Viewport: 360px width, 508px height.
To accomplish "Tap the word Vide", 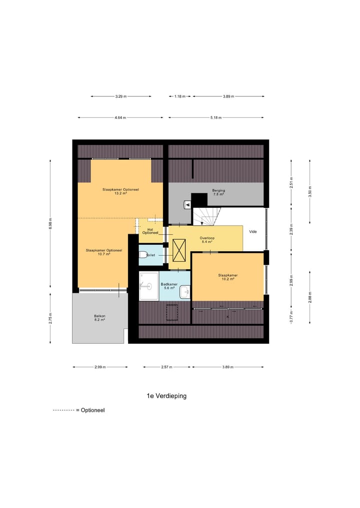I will click(253, 231).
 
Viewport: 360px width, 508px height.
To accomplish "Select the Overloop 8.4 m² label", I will click(206, 240).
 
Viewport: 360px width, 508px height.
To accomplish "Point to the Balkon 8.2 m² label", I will click(99, 318).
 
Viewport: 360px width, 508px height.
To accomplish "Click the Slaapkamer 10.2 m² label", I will click(227, 277).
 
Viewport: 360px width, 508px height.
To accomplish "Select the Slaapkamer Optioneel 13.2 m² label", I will click(120, 191).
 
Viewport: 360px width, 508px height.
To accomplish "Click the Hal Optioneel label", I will click(150, 231).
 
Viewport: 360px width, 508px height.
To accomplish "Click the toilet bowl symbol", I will click(142, 254).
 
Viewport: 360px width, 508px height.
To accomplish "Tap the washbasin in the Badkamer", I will click(184, 290).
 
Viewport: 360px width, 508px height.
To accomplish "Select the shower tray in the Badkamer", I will click(148, 286).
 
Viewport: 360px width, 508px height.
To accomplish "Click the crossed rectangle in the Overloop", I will click(178, 249).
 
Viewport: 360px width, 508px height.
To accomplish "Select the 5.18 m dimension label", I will click(216, 118).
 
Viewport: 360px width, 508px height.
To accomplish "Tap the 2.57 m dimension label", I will click(166, 367).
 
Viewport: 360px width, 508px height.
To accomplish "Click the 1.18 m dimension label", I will click(180, 96).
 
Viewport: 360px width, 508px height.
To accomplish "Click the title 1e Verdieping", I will click(166, 396).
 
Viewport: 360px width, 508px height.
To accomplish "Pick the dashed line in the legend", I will click(63, 410).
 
